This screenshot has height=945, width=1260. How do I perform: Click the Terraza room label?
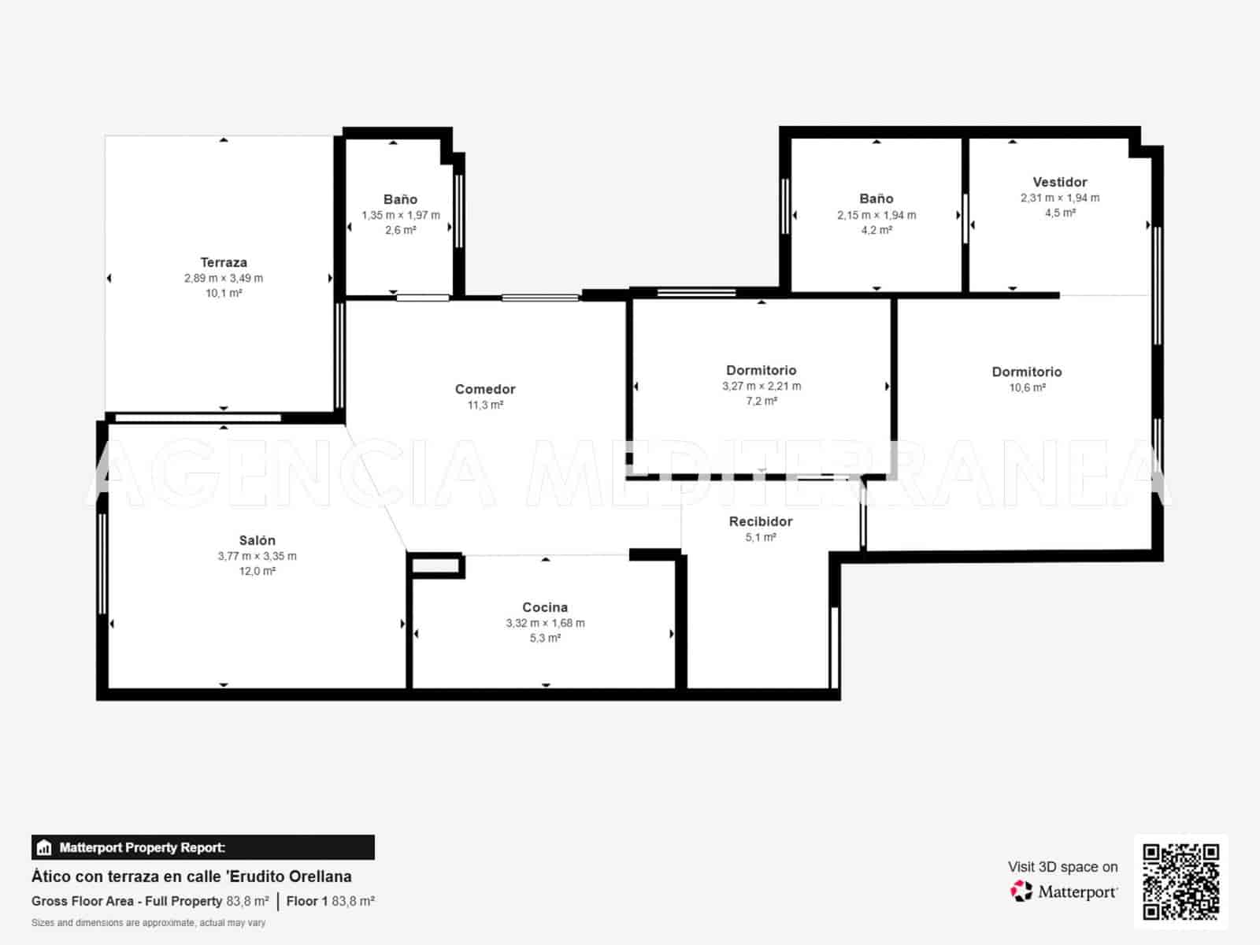tap(224, 262)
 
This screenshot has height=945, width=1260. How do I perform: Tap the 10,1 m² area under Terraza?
tap(224, 293)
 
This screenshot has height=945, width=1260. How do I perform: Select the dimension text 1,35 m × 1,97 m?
tap(401, 215)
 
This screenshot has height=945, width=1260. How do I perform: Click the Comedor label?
tap(485, 389)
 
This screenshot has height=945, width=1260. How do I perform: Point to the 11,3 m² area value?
tap(485, 405)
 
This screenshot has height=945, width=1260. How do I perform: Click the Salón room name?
tap(258, 540)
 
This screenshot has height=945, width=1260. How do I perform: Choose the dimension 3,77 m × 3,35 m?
tap(258, 556)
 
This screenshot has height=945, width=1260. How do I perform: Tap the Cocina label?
tap(545, 607)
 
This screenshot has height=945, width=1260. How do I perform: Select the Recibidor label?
tap(761, 521)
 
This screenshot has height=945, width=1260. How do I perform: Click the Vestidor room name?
tap(1060, 182)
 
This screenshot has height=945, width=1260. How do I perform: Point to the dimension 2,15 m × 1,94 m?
tap(876, 215)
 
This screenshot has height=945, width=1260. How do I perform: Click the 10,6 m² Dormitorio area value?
tap(1027, 387)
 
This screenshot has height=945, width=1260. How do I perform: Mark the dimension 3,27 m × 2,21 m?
tap(762, 386)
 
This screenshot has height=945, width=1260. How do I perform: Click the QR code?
tap(1180, 882)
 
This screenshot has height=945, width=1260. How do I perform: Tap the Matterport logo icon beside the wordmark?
tap(1021, 891)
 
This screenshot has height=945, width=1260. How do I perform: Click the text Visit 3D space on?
tap(1062, 867)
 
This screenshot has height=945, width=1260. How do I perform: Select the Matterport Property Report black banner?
tap(202, 847)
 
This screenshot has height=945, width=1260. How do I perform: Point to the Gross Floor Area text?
tap(82, 901)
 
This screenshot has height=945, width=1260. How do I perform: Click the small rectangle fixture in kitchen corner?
tap(435, 565)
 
